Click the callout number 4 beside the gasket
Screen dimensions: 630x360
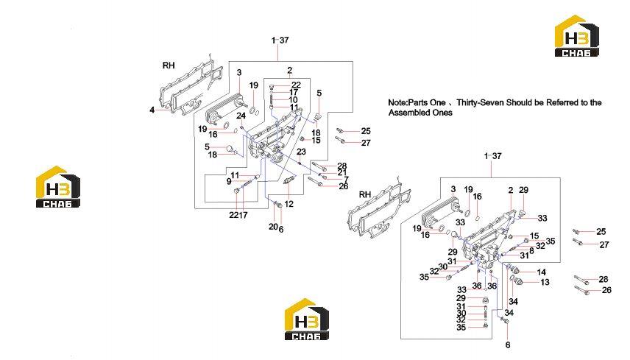152,110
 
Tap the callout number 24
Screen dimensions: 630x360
241,116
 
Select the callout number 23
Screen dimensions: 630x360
301,152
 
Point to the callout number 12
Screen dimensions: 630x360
289,204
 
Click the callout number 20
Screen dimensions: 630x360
273,227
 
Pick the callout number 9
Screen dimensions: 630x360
229,182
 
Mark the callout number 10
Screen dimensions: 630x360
294,99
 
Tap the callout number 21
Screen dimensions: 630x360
342,172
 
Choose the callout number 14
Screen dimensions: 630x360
541,272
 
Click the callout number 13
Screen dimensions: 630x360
545,282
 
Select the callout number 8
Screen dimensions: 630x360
531,251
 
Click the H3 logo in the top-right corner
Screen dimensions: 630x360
577,36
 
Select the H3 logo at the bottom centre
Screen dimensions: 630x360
307,319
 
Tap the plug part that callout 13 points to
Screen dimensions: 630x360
517,280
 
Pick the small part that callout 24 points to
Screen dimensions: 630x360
242,127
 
